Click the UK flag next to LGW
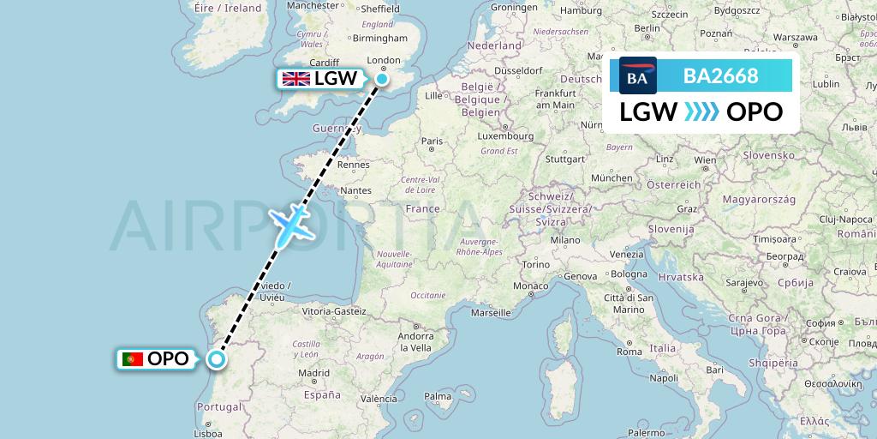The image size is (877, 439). click(x=296, y=79)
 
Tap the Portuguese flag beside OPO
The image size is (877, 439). click(x=133, y=359)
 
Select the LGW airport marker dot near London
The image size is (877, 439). click(x=381, y=79)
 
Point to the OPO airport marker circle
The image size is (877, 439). click(x=217, y=360)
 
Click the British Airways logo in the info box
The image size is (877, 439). click(x=638, y=76)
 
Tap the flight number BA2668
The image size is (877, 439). click(x=720, y=76)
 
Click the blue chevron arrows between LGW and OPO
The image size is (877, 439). click(x=701, y=111)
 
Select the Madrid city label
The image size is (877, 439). click(x=314, y=374)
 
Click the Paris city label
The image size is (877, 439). click(x=432, y=141)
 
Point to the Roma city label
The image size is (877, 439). click(x=629, y=352)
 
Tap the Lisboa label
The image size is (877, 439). click(x=209, y=434)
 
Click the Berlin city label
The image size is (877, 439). click(x=647, y=27)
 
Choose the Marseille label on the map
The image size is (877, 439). click(x=491, y=313)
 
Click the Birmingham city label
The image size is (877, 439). click(x=381, y=38)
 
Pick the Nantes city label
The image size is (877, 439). click(x=355, y=190)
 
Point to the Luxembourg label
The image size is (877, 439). click(x=505, y=135)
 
